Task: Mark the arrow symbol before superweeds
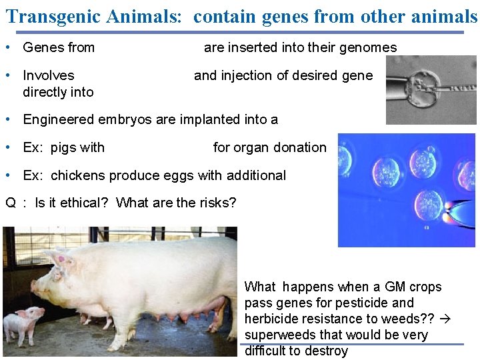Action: (x=447, y=319)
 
